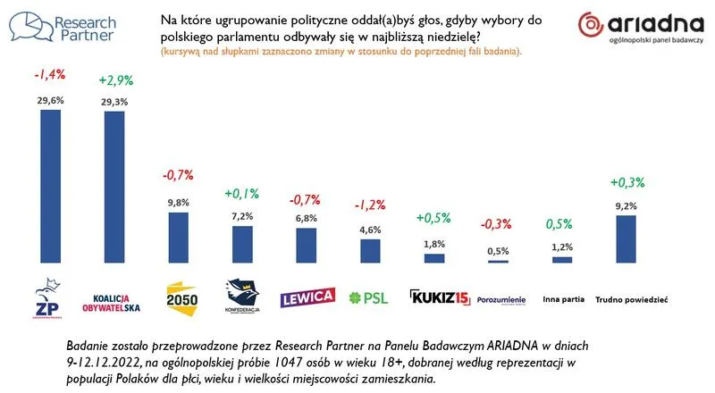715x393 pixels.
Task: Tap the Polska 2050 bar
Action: click(179, 237)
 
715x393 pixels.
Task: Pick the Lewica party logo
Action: click(307, 297)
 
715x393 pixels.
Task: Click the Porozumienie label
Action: click(501, 299)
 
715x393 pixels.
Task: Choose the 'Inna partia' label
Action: click(561, 300)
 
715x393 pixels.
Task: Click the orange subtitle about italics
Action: click(341, 53)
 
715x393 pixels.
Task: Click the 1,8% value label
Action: click(434, 245)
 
